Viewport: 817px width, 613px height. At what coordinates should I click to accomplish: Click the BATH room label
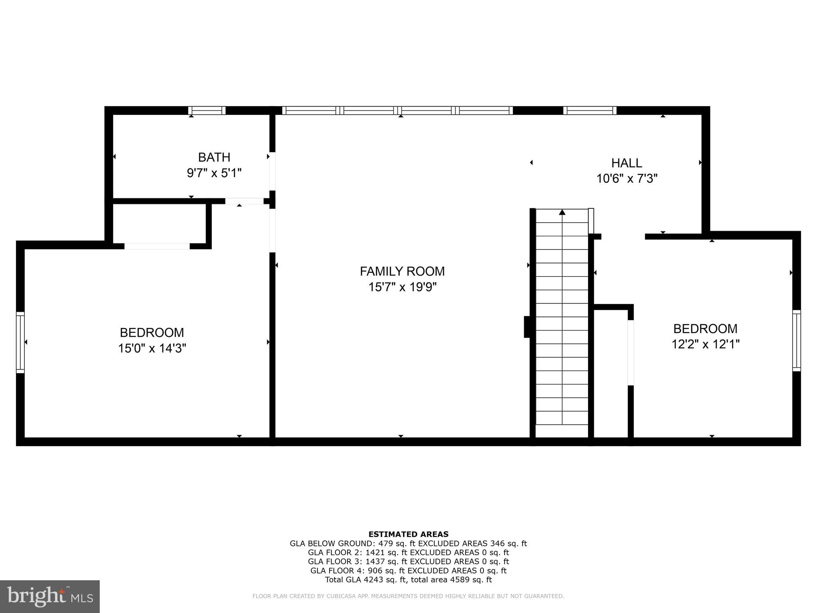click(x=214, y=157)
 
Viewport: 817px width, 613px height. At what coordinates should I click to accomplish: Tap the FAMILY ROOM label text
click(x=402, y=271)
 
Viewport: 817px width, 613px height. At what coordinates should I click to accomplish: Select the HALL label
click(x=626, y=163)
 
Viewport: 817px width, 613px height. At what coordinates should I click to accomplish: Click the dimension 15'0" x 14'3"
click(x=152, y=348)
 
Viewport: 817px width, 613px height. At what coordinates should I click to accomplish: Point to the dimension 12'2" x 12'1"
click(x=705, y=344)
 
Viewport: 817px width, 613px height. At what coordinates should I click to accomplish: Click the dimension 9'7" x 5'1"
click(x=214, y=173)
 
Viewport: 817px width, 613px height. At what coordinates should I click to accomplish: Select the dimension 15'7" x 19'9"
click(x=402, y=287)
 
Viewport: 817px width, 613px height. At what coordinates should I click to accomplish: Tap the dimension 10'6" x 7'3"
click(x=626, y=178)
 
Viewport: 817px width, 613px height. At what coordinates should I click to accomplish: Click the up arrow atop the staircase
click(x=562, y=212)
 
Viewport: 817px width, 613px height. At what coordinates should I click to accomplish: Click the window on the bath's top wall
click(x=207, y=111)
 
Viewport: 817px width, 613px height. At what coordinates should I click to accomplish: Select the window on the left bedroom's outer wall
click(x=20, y=342)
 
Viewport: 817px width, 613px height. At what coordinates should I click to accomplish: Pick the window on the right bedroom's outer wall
click(x=796, y=340)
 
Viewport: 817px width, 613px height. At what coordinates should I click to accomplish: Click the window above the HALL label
click(x=590, y=111)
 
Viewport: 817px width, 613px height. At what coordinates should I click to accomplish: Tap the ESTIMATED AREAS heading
click(x=408, y=534)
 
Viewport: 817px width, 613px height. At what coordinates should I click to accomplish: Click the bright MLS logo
click(x=50, y=597)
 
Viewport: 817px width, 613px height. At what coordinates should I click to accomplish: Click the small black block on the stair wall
click(x=527, y=327)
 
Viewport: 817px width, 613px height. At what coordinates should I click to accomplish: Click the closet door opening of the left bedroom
click(x=157, y=246)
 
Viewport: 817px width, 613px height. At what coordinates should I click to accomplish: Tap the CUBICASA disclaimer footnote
click(x=408, y=596)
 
